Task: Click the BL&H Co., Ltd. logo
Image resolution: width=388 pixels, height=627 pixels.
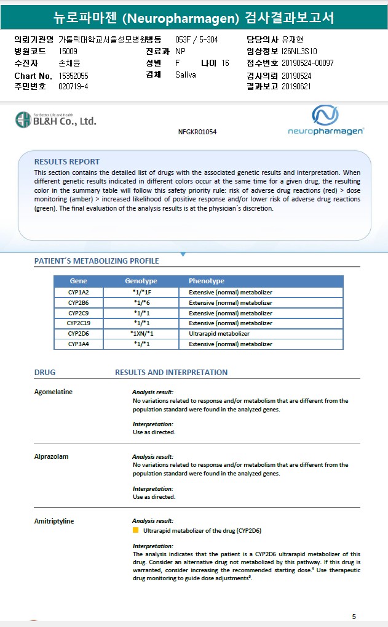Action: coord(56,119)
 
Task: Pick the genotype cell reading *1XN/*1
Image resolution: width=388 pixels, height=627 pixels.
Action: coord(141,334)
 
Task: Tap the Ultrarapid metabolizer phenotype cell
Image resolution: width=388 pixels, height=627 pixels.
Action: coord(219,334)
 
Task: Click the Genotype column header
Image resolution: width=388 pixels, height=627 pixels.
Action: coord(141,281)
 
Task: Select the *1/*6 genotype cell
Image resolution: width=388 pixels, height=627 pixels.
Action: coord(141,303)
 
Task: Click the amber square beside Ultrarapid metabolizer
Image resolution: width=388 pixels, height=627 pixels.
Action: coord(136,530)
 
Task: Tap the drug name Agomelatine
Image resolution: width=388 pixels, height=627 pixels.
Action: coord(53,392)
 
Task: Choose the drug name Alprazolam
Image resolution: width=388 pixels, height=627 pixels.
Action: coord(51,457)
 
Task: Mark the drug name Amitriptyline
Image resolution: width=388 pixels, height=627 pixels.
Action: coord(53,521)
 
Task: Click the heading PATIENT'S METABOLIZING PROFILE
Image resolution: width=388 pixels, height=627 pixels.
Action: coord(96,261)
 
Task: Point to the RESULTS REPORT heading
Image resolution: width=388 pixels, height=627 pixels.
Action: coord(66,162)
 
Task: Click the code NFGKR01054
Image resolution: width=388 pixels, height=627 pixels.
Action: coord(197,132)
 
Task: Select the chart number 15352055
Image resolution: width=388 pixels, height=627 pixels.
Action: coord(73,75)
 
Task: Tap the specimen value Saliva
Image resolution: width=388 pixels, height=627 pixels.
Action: coord(186,75)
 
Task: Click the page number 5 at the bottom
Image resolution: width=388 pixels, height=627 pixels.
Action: coord(354,617)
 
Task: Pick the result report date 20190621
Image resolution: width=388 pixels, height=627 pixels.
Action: coord(296,87)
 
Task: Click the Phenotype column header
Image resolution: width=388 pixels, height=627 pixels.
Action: coord(206,281)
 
